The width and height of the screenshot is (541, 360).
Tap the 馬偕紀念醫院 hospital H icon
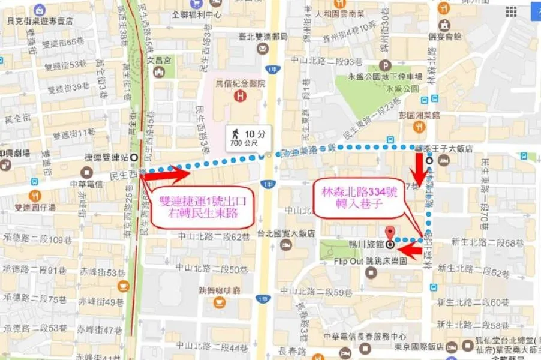241,96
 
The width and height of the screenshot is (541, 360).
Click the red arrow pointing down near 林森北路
420,168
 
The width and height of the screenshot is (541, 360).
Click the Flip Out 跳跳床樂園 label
371,262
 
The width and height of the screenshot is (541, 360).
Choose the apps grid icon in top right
511,12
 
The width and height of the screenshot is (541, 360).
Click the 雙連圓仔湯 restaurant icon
35,196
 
